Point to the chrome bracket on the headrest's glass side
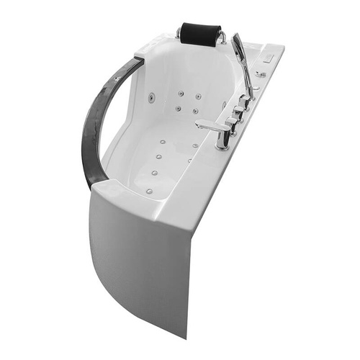pos(178,33)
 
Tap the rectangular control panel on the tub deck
pos(271,52)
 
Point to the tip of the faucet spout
pos(198,125)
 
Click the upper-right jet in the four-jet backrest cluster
pos(197,96)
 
